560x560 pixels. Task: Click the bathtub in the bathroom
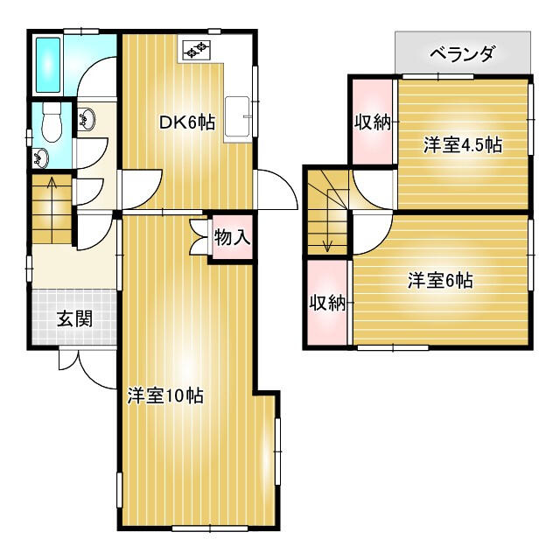[48, 64]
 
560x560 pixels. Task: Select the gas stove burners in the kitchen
[196, 50]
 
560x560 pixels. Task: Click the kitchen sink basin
[237, 116]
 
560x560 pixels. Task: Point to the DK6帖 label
[186, 122]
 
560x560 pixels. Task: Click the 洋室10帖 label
[165, 395]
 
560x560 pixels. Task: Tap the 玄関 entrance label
[75, 318]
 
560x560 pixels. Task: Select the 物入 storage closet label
[232, 237]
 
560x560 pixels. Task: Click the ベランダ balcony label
[463, 54]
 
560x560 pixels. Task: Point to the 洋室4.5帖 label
[463, 144]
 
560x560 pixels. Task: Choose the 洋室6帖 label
[441, 280]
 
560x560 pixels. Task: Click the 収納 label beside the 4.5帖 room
[372, 123]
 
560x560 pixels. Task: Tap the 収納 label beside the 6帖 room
[327, 304]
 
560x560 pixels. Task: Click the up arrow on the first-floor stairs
[52, 210]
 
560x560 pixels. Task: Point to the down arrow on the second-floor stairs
[327, 220]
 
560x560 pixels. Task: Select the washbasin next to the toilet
[41, 157]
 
